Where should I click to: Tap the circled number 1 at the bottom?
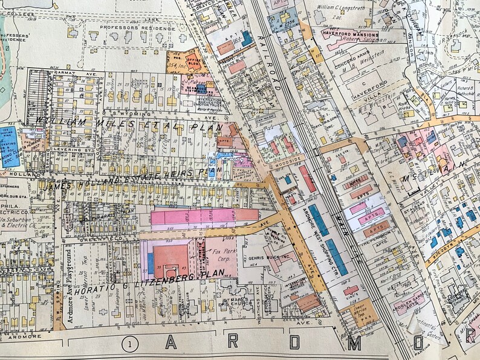click(128, 344)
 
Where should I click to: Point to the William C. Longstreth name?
click(340, 8)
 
